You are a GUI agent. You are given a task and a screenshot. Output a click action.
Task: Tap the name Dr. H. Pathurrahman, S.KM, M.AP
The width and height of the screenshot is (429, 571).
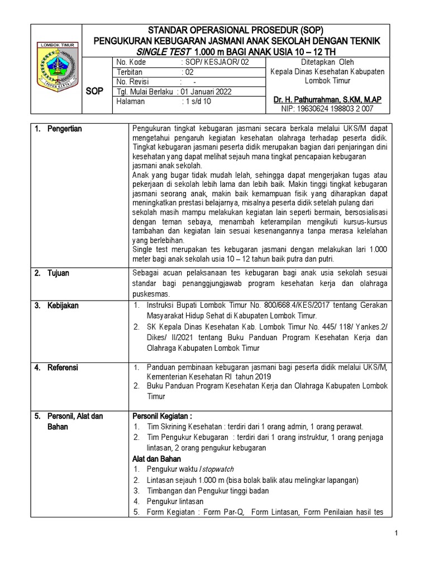(327, 99)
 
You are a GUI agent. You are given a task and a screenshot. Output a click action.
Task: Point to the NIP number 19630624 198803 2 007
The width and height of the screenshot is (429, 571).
(327, 109)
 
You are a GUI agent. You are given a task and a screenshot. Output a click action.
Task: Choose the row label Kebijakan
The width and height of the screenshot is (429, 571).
(63, 306)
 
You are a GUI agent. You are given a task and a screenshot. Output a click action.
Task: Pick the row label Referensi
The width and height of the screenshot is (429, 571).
(63, 367)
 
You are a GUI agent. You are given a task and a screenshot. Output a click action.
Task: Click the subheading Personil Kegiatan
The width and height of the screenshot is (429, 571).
(161, 416)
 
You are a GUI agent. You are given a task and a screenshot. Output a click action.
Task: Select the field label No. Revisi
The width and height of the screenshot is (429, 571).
(132, 82)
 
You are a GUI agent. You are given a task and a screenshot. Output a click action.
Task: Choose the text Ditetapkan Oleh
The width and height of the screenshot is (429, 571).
(327, 62)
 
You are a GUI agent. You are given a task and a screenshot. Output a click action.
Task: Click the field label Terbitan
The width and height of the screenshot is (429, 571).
(130, 72)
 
